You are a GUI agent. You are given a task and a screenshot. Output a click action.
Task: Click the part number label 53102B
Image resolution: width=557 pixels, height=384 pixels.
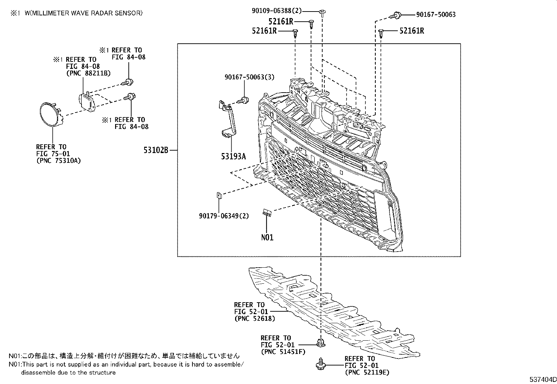coord(156,150)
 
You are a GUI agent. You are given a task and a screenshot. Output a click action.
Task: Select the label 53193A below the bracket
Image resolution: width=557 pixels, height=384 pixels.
coord(233,156)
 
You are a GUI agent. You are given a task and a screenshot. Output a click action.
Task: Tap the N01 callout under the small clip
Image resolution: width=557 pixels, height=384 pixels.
coord(267,237)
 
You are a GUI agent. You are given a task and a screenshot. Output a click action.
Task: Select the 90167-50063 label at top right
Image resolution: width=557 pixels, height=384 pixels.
coord(436,15)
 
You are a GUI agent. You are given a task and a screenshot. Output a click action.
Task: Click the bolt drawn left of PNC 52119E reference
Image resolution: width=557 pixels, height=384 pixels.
coord(320,364)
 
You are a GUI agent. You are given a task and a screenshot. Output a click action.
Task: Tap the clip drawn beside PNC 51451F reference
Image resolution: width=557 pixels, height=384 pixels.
coord(320,342)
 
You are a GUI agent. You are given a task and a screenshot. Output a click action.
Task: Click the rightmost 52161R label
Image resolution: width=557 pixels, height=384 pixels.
coord(412,31)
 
